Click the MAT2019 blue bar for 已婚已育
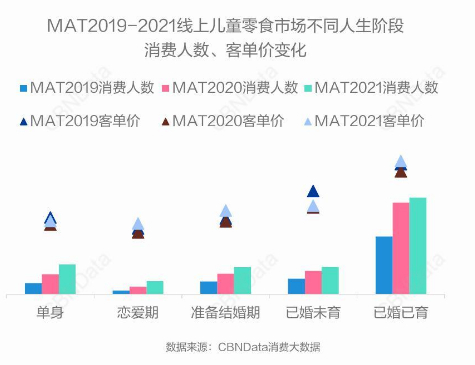pos(383,265)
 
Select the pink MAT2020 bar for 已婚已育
pos(400,248)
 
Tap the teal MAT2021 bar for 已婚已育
pos(417,246)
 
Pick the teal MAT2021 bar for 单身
pos(67,279)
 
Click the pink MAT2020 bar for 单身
pos(50,284)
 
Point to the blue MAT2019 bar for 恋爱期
pos(121,292)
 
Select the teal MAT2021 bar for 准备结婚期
pos(242,280)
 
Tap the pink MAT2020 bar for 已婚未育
pos(313,282)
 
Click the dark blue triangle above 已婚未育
pos(313,191)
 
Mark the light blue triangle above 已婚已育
pos(400,162)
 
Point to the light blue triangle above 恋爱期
pos(138,224)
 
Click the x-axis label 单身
pos(50,313)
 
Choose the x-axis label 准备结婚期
pos(225,313)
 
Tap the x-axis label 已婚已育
pos(400,313)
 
